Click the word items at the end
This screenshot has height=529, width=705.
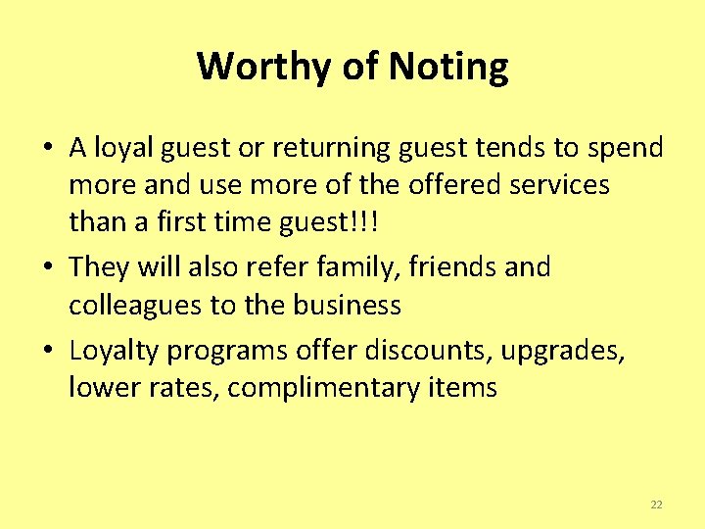tap(461, 388)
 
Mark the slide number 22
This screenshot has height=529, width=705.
tap(656, 505)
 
